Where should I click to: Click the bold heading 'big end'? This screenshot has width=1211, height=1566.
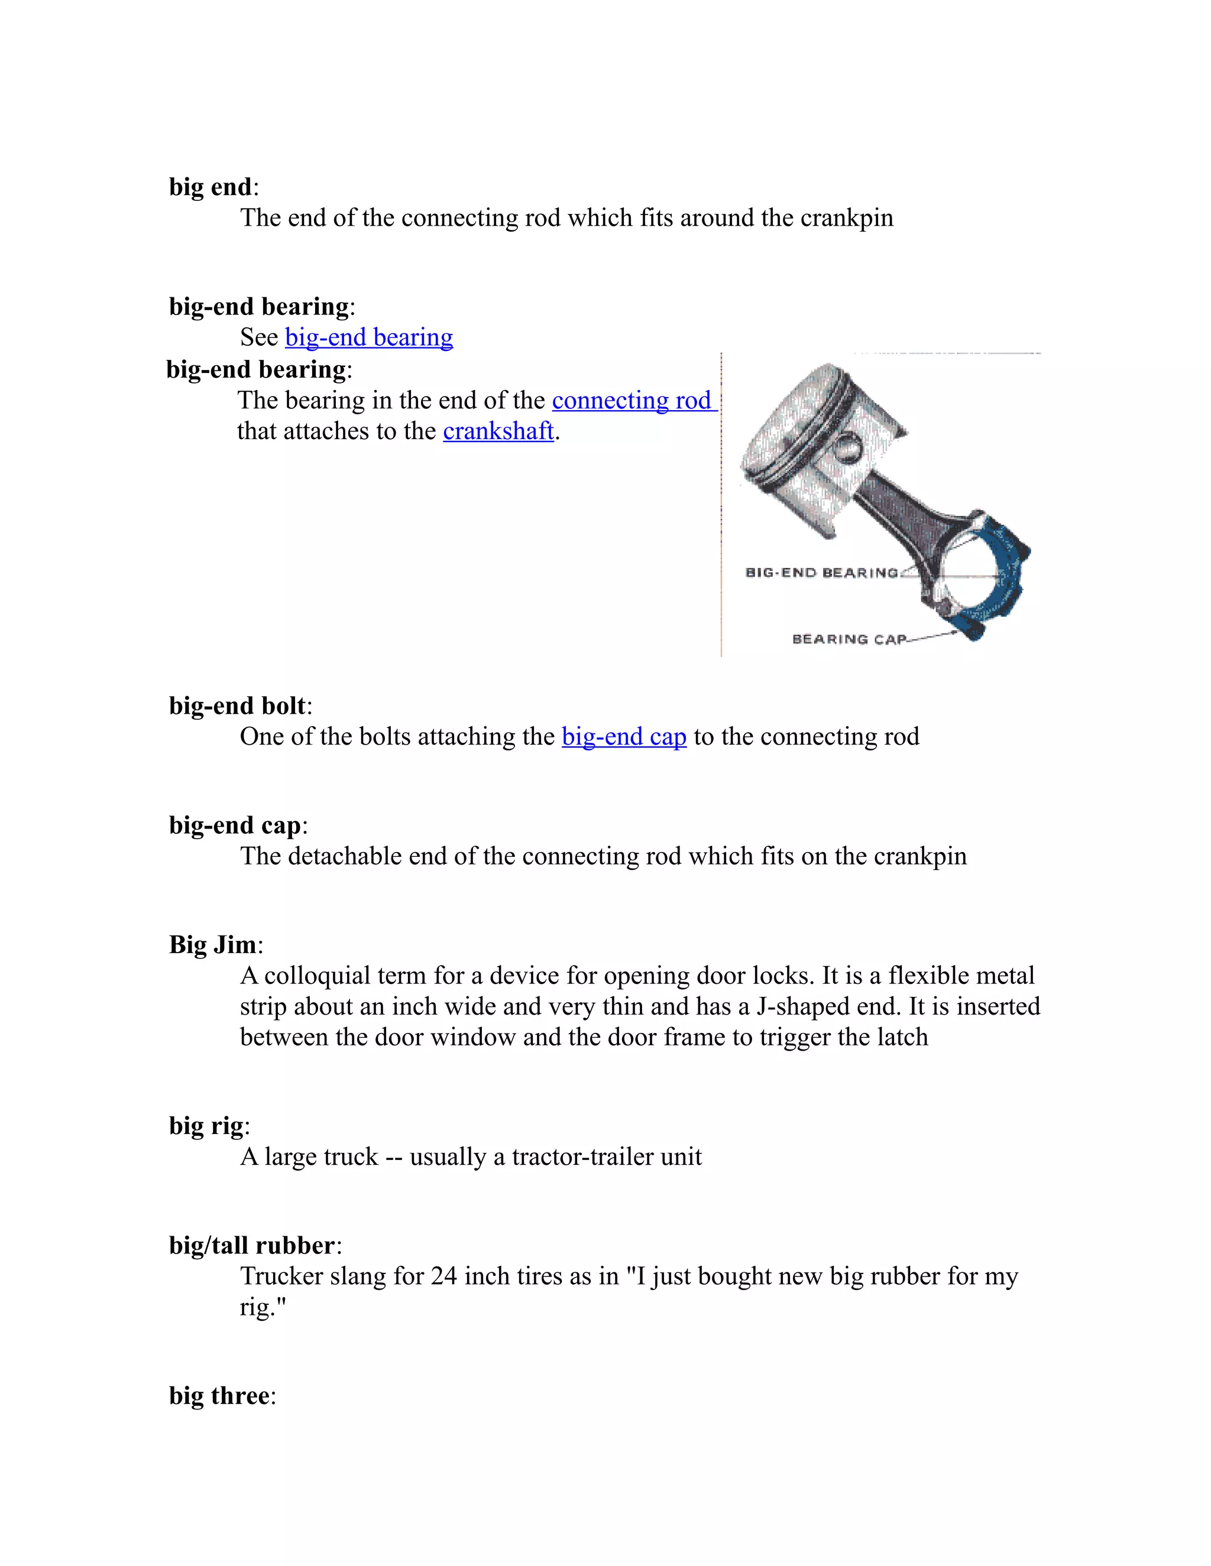(209, 187)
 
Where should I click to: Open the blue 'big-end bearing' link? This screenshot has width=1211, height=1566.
(369, 337)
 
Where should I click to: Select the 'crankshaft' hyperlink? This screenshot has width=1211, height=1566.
(498, 431)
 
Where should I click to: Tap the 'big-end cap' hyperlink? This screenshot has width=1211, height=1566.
(623, 736)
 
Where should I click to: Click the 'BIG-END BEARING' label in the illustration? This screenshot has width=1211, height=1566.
(821, 572)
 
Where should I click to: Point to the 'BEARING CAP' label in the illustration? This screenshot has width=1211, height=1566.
(849, 639)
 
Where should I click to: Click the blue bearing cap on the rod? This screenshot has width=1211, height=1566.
(1005, 588)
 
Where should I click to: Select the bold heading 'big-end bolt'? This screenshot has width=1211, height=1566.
(237, 706)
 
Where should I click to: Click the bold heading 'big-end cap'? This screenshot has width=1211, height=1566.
(235, 826)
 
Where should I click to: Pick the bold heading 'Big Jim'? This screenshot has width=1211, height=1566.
(212, 945)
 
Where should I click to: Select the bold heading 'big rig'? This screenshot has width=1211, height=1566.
(206, 1126)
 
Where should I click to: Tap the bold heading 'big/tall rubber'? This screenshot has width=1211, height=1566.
(252, 1246)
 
